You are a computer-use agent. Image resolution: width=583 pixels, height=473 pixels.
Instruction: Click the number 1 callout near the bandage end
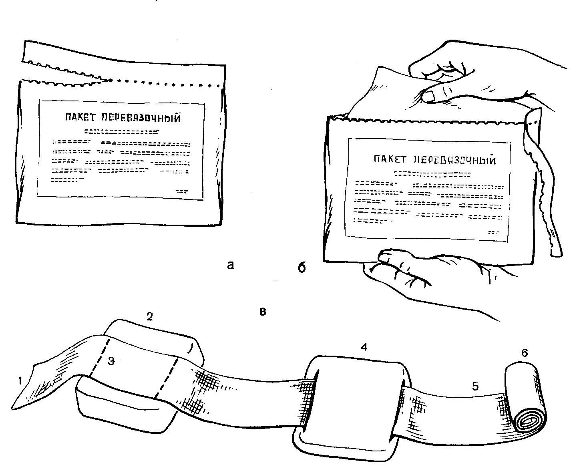(x=20, y=381)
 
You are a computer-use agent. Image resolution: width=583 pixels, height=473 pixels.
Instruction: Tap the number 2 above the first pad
(x=149, y=317)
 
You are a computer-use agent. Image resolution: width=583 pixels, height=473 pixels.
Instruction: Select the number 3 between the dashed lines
(x=112, y=361)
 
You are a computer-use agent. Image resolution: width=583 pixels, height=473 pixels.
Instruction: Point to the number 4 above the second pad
(x=364, y=348)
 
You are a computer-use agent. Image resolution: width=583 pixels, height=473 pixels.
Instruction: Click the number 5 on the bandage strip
(x=475, y=386)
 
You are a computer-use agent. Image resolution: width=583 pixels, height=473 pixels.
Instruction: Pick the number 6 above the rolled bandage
(x=525, y=353)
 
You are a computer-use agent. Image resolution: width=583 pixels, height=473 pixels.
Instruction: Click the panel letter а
(x=230, y=265)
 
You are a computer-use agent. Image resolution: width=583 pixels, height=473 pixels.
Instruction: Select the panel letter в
(x=263, y=311)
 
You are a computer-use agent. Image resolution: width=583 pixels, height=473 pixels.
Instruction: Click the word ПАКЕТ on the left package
(x=80, y=118)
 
